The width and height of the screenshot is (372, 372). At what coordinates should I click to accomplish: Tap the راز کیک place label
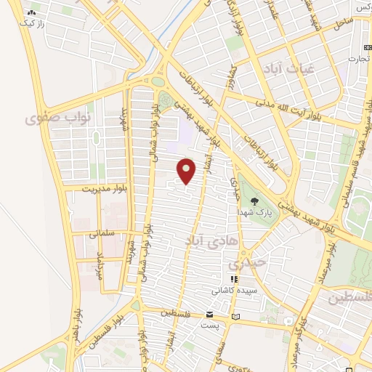tap(33, 24)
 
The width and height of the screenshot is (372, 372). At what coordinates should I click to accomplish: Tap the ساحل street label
tap(343, 24)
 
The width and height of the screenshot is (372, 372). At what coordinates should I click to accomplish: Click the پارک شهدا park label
tap(252, 211)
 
